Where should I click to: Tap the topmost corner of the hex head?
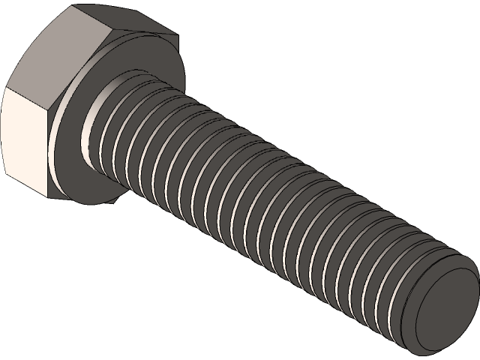tap(75, 7)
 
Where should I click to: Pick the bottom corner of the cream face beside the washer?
tap(50, 198)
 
